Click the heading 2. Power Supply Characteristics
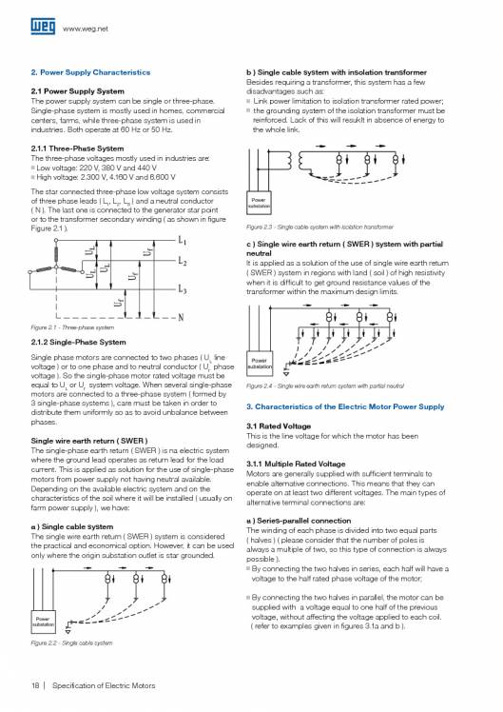[91, 72]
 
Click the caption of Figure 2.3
[319, 227]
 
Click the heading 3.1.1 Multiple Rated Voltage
[300, 464]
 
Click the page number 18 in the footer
[34, 685]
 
